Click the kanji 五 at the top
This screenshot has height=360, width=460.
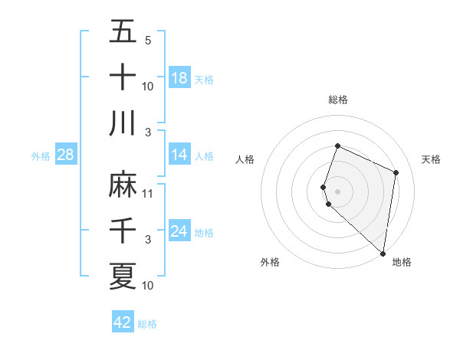pos(123,31)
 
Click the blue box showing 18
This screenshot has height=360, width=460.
pos(179,78)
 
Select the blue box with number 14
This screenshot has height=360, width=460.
pos(179,155)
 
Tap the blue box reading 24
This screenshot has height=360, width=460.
pos(179,231)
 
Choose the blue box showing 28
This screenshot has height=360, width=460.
pos(66,155)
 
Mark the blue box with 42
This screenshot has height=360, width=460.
pos(123,322)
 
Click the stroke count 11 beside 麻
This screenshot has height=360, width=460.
pos(148,194)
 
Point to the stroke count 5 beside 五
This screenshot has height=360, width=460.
pos(148,41)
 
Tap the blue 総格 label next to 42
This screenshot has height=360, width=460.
pos(147,324)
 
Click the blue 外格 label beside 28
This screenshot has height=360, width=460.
pos(41,156)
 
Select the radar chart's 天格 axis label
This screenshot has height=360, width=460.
pos(432,159)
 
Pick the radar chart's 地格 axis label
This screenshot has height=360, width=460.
pos(402,262)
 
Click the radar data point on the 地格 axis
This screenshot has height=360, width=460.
pos(383,254)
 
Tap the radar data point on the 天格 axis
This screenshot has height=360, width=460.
pos(396,172)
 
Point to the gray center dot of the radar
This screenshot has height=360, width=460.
pos(338,191)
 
